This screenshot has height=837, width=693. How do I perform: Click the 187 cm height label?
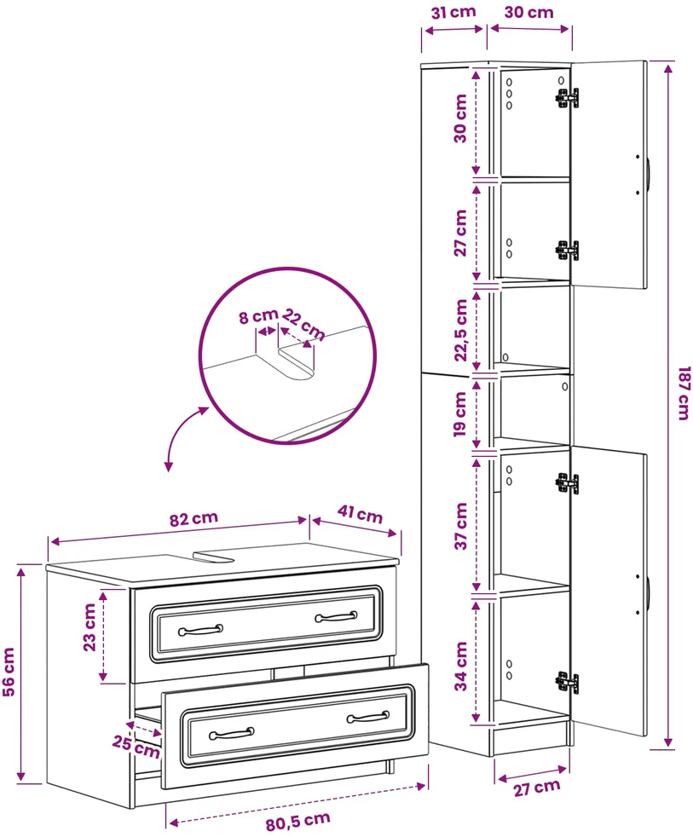[x=684, y=393]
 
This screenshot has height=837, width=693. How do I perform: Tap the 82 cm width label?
[x=193, y=519]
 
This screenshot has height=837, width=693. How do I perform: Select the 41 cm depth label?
[x=361, y=514]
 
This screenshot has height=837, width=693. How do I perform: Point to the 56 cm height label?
[x=9, y=672]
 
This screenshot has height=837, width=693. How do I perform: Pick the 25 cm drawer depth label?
[x=136, y=747]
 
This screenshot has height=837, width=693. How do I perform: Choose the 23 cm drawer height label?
[x=90, y=627]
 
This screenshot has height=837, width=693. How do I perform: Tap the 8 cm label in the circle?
[x=258, y=316]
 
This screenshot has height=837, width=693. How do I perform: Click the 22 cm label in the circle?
[x=303, y=324]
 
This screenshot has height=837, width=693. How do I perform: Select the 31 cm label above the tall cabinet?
[x=453, y=12]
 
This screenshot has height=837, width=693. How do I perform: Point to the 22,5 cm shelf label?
[x=461, y=330]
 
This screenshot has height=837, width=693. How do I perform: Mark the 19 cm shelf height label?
[x=460, y=414]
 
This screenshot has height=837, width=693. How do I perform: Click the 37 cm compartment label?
[x=461, y=526]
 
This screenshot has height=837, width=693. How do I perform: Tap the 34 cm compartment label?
[x=461, y=667]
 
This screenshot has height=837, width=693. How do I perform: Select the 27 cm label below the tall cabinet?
[x=537, y=788]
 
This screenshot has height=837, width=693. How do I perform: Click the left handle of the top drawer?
[x=200, y=631]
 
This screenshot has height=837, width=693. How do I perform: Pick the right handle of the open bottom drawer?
[x=368, y=717]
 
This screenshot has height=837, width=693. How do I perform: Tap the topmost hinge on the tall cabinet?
[x=567, y=98]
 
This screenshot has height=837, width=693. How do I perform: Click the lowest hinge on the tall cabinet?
[x=567, y=683]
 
